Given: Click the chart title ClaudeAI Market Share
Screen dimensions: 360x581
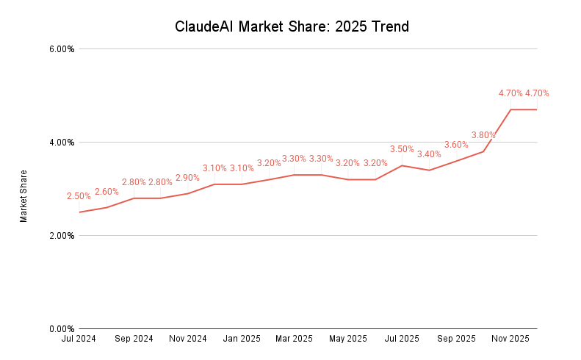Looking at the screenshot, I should tap(292, 27).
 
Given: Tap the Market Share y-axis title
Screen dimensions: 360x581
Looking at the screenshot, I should tap(24, 196).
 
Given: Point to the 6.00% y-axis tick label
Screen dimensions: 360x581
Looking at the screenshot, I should tap(62, 49).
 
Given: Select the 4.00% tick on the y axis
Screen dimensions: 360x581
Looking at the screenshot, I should tap(62, 143).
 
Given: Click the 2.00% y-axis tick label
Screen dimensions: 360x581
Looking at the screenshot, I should tap(62, 236).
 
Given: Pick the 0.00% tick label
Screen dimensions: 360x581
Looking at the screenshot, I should tap(62, 329).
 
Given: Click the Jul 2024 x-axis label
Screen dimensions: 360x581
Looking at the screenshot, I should tap(79, 339).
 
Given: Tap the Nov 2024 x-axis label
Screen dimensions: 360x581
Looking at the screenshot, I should tap(187, 339).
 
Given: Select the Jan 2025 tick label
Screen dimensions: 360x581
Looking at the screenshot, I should tap(242, 339).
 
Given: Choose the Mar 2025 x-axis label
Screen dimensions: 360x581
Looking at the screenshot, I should tap(295, 339).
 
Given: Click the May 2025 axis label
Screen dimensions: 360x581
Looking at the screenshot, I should tap(348, 339).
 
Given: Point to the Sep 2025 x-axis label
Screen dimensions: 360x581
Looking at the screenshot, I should tap(456, 339).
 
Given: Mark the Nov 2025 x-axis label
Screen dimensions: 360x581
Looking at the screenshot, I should tap(510, 339).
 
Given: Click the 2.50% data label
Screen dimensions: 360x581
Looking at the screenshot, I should tap(79, 196).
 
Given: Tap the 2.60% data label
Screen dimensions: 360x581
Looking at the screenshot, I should tap(107, 192).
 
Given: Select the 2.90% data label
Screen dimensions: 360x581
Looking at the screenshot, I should tap(187, 178).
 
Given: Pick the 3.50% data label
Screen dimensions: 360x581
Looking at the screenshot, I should tap(402, 149).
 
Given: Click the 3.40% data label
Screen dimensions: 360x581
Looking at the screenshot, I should tap(429, 154).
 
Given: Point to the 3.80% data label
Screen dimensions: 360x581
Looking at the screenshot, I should tap(483, 135).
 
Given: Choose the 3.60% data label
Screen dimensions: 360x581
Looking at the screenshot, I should tap(456, 145).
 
